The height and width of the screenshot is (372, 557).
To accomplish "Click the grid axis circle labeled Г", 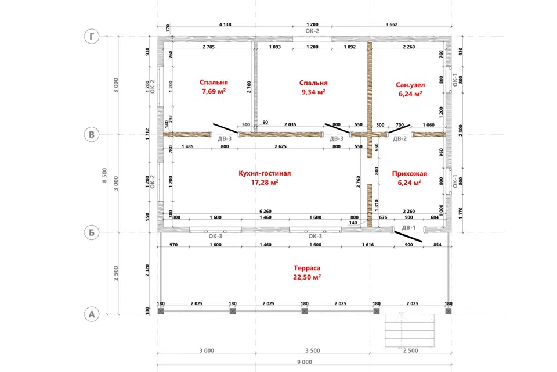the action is click(92, 36).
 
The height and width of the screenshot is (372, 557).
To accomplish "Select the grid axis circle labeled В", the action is click(92, 135).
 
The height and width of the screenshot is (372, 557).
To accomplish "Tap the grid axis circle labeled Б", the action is click(92, 233).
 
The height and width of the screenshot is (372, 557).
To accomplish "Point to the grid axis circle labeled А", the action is click(92, 314).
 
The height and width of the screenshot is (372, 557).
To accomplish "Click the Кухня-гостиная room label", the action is click(265, 173).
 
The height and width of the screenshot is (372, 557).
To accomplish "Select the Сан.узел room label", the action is click(410, 85).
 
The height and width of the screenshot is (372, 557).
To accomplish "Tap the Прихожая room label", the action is click(410, 174).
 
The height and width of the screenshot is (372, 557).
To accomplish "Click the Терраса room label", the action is click(307, 268).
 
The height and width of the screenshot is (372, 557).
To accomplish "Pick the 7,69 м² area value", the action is click(214, 91).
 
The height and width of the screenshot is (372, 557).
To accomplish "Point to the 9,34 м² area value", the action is click(313, 92).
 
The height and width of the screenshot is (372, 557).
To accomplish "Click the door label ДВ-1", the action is click(408, 227).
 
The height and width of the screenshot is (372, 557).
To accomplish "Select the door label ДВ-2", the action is click(400, 138).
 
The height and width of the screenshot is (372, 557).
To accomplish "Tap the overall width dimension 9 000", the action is click(305, 362).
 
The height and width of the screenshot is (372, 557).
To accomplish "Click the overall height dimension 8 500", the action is click(104, 175).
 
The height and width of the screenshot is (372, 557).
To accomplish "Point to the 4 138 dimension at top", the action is click(225, 24).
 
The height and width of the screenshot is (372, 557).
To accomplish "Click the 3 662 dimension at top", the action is click(392, 24).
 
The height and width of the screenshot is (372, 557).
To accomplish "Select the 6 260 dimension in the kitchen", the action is click(265, 212).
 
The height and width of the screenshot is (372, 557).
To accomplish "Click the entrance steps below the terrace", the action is click(410, 330).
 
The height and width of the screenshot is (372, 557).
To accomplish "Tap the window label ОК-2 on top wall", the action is click(312, 31).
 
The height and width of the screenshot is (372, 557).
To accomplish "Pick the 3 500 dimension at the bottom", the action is click(313, 350).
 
